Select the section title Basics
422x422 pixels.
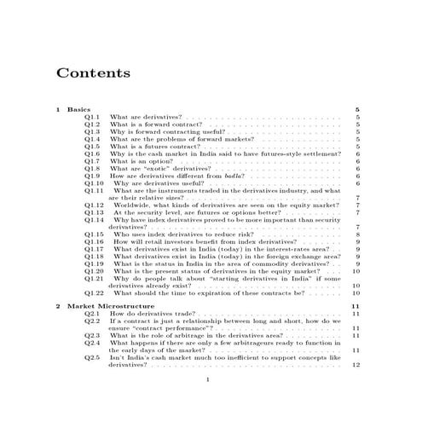tap(78, 110)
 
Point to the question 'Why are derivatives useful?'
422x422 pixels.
tap(158, 182)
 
